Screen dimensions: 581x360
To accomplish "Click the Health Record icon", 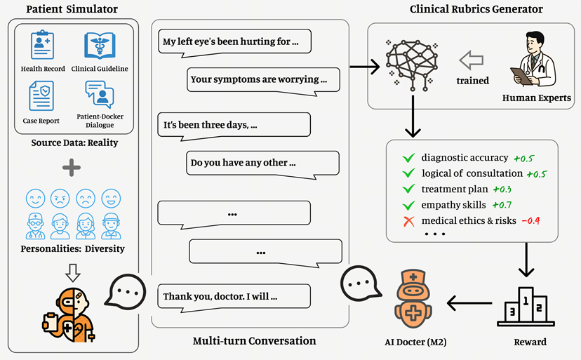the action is (42, 45).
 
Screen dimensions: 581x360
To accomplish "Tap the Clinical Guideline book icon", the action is (100, 46).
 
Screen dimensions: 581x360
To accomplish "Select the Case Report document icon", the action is (41, 95).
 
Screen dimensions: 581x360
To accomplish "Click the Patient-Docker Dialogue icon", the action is (100, 94).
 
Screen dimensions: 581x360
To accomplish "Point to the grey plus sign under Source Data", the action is (72, 168).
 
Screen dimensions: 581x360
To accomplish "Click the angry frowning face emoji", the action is (60, 199).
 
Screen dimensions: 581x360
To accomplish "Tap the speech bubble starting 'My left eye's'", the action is (234, 43).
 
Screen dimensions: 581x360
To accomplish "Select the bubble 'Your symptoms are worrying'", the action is (263, 81).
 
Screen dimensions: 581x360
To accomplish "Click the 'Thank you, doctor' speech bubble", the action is (234, 298).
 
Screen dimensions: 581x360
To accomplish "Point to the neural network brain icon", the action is (412, 64).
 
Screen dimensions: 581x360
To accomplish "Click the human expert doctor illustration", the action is (533, 60).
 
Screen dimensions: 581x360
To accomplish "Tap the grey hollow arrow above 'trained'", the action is (472, 60).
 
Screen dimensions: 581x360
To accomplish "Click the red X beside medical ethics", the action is (408, 221).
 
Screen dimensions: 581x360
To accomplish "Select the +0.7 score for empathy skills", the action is (502, 205).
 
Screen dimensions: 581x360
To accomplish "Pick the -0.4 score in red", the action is (530, 221).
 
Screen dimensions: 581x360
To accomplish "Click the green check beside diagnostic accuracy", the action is (408, 159).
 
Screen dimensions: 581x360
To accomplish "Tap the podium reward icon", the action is (526, 307).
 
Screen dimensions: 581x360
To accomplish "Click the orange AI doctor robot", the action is (413, 299).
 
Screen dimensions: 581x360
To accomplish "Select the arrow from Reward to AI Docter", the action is (469, 303).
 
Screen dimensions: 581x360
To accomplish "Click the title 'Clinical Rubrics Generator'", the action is (476, 9).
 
